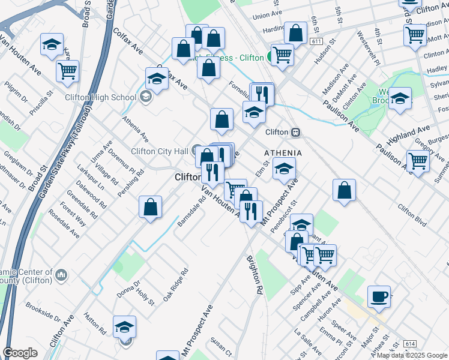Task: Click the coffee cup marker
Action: click(x=379, y=296)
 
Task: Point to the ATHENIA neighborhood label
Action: click(x=283, y=154)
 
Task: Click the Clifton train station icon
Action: click(x=295, y=132)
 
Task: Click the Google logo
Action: click(x=20, y=353)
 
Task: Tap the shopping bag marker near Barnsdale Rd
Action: click(x=151, y=207)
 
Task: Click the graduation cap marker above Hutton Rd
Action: click(x=124, y=326)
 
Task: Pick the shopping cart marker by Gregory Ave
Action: click(x=417, y=160)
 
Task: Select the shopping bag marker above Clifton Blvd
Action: click(x=344, y=190)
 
